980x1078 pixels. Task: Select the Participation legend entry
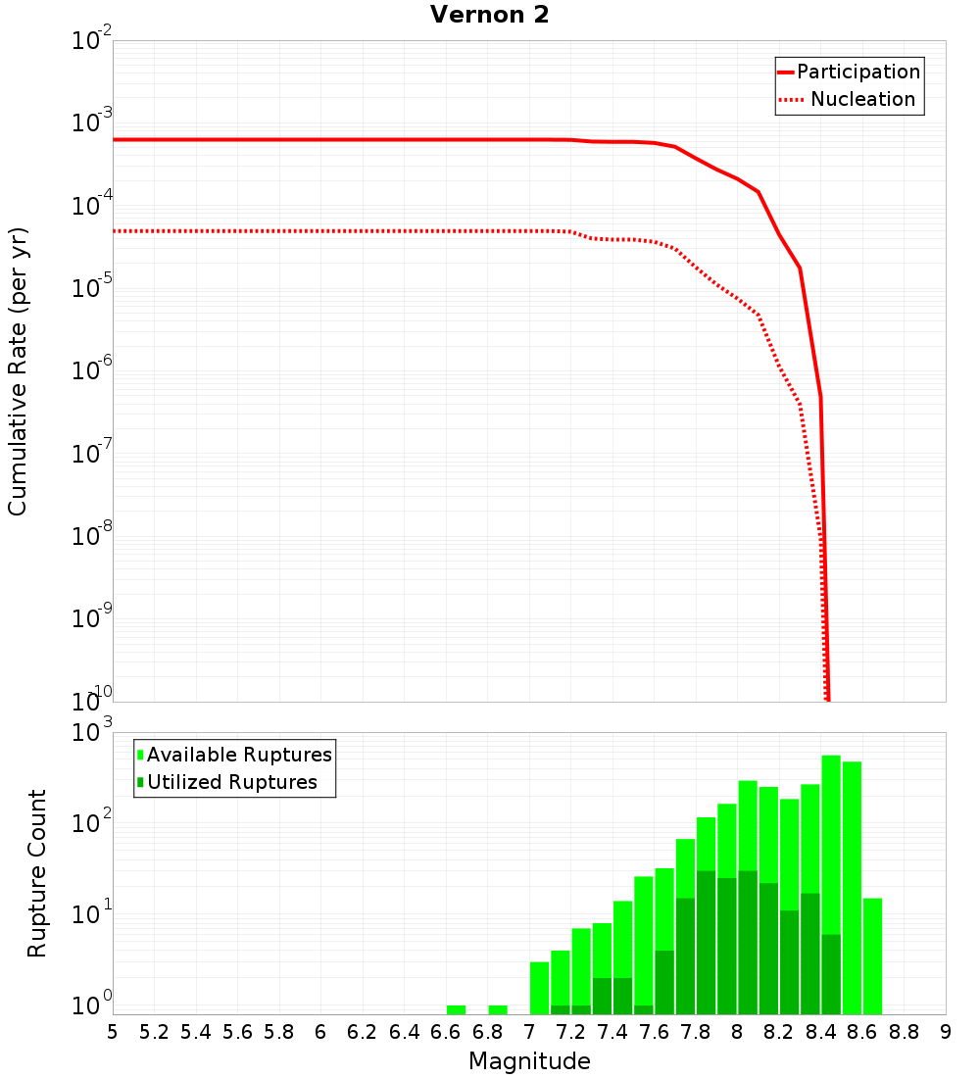point(858,73)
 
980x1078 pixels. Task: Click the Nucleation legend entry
point(862,100)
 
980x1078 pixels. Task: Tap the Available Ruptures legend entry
point(239,756)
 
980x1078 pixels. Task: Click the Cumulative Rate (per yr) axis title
point(18,370)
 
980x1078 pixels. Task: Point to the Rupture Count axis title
point(37,873)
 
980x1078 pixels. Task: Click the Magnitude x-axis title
point(529,1061)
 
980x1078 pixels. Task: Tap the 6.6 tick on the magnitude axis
point(446,1032)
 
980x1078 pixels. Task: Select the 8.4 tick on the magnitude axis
point(821,1032)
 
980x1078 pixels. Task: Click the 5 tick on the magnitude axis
point(114,1032)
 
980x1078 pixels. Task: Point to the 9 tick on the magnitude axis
point(946,1032)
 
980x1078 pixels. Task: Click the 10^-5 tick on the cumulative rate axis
point(93,289)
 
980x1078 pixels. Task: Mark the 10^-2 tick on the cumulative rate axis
point(93,42)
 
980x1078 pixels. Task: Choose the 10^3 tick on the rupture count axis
point(93,733)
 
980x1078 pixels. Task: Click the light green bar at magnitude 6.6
point(456,1009)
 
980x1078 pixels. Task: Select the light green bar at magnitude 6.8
point(498,1009)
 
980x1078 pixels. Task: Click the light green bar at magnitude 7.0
point(539,988)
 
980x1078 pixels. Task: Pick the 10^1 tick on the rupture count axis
point(93,915)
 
